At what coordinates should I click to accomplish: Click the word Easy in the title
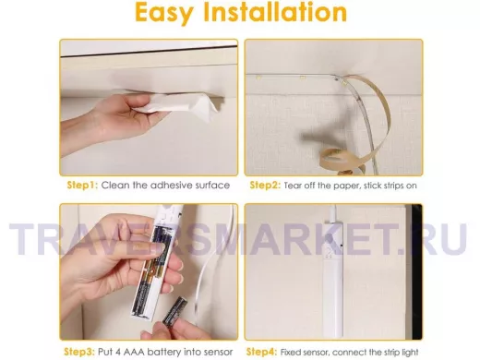(x=164, y=13)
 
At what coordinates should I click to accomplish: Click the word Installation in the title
(x=276, y=12)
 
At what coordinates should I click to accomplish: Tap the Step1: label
(x=82, y=186)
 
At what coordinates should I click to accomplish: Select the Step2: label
(x=265, y=186)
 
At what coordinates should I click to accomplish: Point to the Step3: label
(x=79, y=352)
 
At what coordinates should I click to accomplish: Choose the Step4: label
(x=262, y=352)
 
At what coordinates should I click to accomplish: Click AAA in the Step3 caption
(x=134, y=352)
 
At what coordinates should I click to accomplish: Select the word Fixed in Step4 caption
(x=291, y=352)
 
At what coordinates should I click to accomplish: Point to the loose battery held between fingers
(x=174, y=312)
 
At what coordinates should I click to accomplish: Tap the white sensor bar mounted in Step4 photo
(x=333, y=277)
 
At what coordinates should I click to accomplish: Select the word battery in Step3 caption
(x=163, y=352)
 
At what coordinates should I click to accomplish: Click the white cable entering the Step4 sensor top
(x=333, y=213)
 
